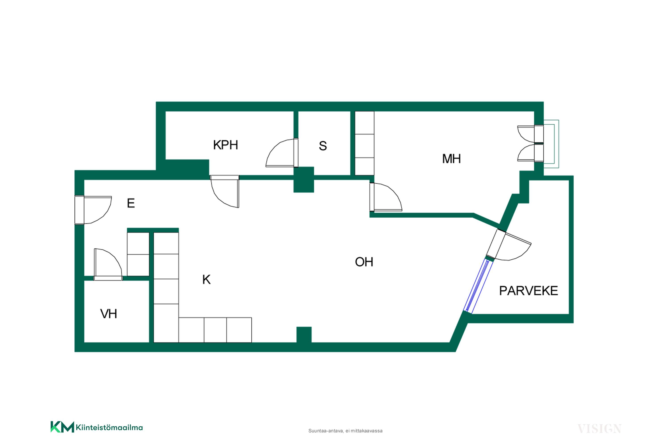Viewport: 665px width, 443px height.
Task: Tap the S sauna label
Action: point(323,146)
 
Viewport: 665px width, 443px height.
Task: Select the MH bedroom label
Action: point(451,159)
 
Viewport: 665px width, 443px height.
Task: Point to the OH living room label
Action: point(364,262)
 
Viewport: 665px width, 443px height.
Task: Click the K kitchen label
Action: point(206,280)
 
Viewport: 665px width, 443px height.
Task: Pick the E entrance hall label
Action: point(131,203)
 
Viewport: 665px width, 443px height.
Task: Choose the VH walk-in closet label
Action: point(109,314)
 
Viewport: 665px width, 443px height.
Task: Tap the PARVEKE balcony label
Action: point(528,291)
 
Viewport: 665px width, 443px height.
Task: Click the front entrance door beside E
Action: point(93,210)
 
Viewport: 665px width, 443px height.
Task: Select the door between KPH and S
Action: point(282,153)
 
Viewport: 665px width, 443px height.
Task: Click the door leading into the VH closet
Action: point(108,264)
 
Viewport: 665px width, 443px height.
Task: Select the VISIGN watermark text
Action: point(599,429)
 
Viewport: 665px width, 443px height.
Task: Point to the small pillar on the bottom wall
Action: point(304,335)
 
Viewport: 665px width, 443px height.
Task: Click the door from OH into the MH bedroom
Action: point(386,197)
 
